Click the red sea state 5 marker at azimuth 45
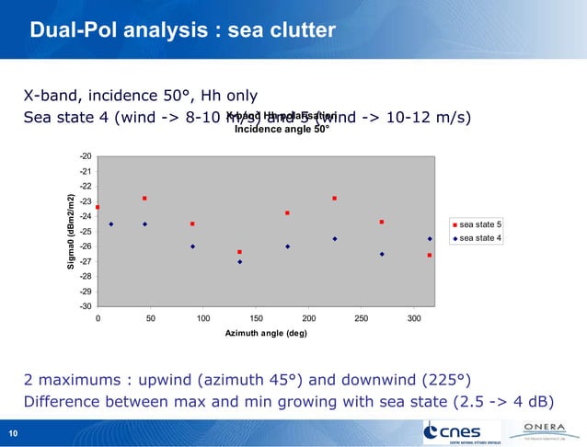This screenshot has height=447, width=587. pos(145,199)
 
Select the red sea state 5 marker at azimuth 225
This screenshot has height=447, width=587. pos(335,199)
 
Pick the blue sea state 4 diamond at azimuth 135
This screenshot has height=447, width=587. pos(240,262)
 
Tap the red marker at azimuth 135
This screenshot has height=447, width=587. pos(240,252)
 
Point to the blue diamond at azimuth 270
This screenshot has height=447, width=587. pos(382,254)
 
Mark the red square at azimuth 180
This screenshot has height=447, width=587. pos(287,213)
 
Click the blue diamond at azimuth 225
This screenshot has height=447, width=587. pos(335,239)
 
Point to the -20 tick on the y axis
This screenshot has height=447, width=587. pos(86,156)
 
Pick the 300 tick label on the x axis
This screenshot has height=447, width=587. pos(414,318)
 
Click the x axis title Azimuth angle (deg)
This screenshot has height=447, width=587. pos(266,333)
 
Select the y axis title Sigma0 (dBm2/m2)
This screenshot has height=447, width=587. pos(70,232)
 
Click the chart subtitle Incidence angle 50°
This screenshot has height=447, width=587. pos(282,129)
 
